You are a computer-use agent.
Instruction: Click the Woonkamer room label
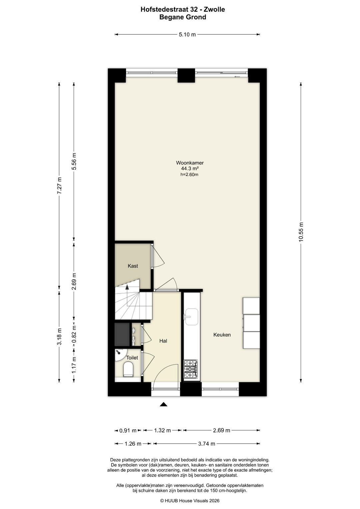190,163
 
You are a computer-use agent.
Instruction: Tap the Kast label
133,266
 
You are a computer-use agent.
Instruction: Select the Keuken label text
222,335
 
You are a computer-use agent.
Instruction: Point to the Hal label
163,341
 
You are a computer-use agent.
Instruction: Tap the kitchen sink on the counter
191,317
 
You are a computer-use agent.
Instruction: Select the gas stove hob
191,369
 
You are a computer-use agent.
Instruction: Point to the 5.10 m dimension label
187,35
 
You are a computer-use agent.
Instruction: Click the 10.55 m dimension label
301,232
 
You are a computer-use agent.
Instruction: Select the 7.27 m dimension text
59,185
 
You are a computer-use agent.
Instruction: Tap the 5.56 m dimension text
74,161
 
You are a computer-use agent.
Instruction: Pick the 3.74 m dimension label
206,444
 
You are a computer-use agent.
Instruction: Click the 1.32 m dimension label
162,430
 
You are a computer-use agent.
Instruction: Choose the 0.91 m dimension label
128,430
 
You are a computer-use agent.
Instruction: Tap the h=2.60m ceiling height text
189,174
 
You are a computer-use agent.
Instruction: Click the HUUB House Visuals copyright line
190,500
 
